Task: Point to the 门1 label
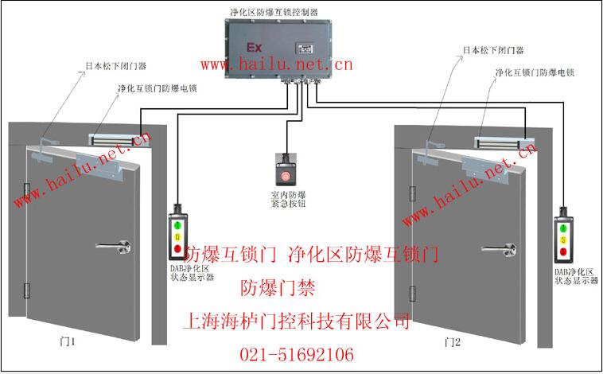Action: point(68,341)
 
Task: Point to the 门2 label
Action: point(453,341)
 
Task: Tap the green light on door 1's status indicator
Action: point(177,225)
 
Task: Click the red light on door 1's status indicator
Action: point(177,249)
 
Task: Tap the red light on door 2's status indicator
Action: point(564,251)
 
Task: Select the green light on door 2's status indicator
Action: point(564,228)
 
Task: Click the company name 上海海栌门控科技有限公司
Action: point(297,322)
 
